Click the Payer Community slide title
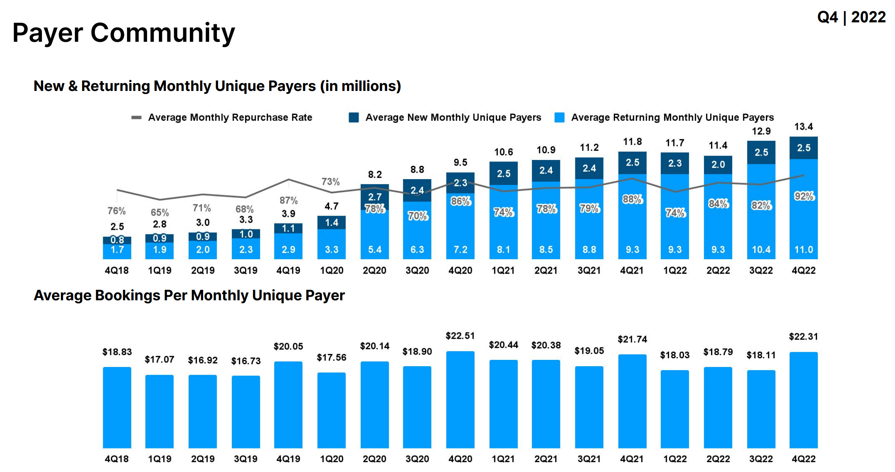(124, 33)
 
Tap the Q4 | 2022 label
(851, 17)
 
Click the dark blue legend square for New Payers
(354, 117)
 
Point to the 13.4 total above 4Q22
(803, 127)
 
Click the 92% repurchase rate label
(804, 196)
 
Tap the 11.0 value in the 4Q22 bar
(803, 249)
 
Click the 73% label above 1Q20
(330, 182)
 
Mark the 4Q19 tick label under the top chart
(288, 270)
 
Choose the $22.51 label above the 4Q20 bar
(460, 336)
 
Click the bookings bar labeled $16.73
(246, 412)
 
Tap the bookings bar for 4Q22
(803, 400)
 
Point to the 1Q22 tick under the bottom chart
(675, 459)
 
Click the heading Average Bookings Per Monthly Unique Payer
(189, 295)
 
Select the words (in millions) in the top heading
(360, 86)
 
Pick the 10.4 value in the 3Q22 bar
(761, 249)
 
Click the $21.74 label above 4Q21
(632, 339)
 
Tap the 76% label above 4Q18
(116, 211)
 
